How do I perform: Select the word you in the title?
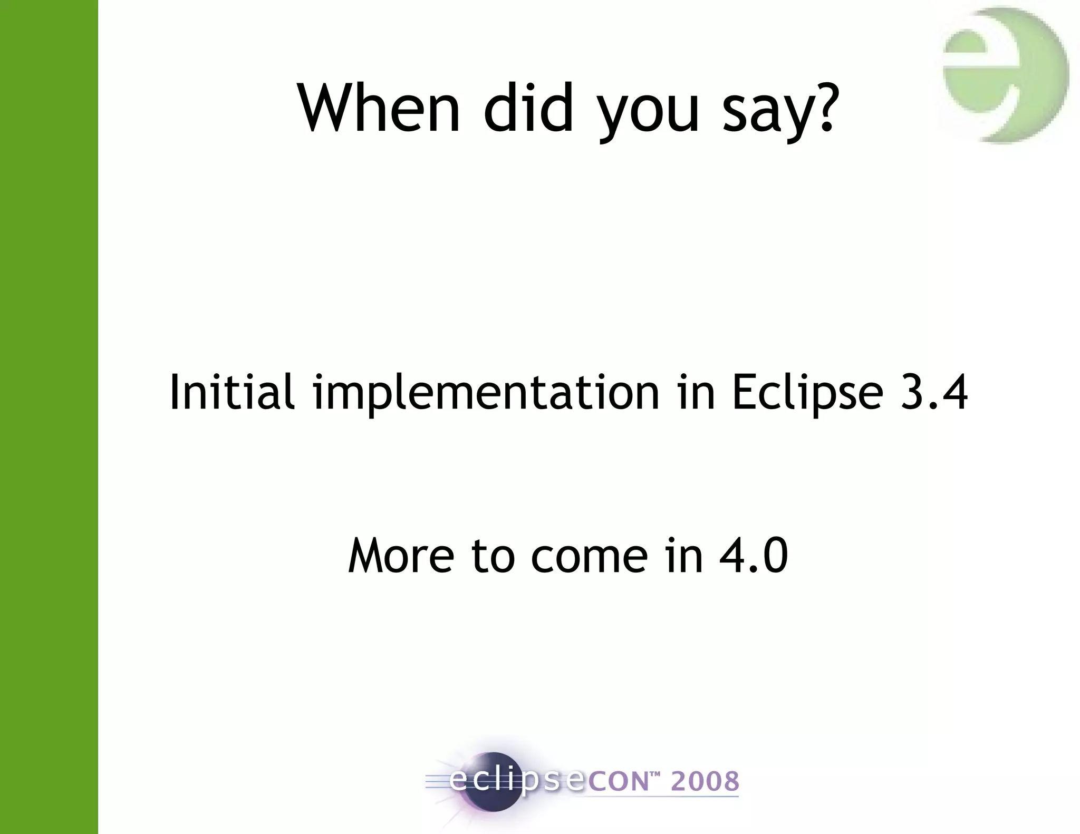click(648, 113)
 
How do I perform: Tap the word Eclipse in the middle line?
click(807, 393)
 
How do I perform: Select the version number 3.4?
click(934, 392)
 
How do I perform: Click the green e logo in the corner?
click(1005, 75)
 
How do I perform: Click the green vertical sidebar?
click(49, 417)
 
